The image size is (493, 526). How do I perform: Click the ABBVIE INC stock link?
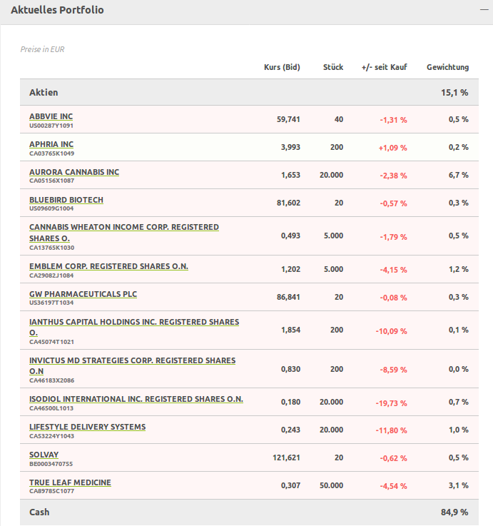(x=51, y=116)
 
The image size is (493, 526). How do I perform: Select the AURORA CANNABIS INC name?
(x=74, y=172)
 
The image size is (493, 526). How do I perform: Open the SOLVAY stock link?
(x=44, y=455)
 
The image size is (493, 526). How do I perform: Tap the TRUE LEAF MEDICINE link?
(x=70, y=482)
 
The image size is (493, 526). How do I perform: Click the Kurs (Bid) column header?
(x=282, y=67)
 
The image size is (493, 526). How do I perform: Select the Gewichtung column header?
(x=447, y=67)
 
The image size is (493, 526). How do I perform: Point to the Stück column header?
(x=332, y=67)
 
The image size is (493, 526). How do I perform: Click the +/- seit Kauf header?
(x=384, y=67)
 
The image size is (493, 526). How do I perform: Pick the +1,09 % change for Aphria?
(x=392, y=148)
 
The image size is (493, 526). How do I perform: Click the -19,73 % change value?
(x=391, y=403)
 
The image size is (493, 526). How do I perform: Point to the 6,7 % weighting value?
(x=458, y=175)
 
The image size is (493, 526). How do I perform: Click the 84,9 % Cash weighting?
(x=455, y=512)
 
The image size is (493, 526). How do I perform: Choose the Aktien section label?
(x=44, y=92)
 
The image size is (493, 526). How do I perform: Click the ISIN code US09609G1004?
(x=51, y=208)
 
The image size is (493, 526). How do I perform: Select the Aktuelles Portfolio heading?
(x=57, y=11)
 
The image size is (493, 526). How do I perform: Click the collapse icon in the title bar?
(x=482, y=11)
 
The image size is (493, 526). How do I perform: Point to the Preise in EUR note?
(x=43, y=49)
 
